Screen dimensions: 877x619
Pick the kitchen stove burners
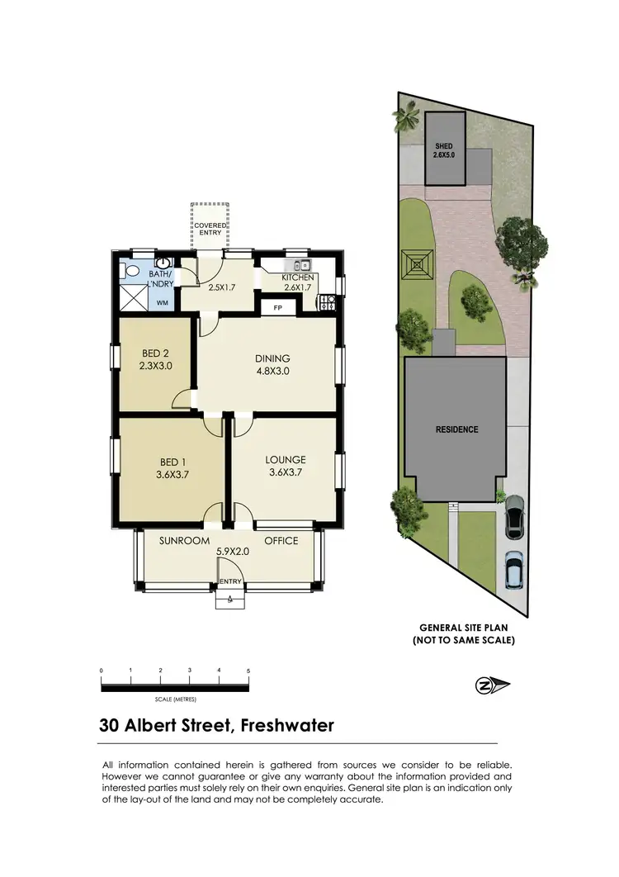tap(326, 302)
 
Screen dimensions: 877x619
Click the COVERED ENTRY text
tap(210, 229)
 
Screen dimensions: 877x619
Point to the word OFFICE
tap(281, 541)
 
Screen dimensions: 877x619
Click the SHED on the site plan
tap(444, 149)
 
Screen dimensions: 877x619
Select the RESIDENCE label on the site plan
tap(456, 429)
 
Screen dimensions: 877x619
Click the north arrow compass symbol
tap(494, 685)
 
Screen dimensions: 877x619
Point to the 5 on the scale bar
tap(248, 671)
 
